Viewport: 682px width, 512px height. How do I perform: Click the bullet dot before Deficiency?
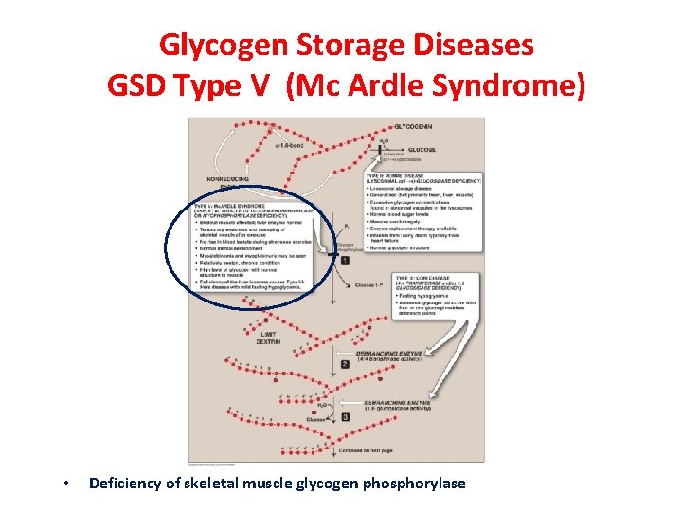point(63,485)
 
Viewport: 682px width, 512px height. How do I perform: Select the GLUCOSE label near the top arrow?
point(421,150)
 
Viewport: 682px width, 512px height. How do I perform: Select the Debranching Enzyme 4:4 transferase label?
point(399,357)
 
